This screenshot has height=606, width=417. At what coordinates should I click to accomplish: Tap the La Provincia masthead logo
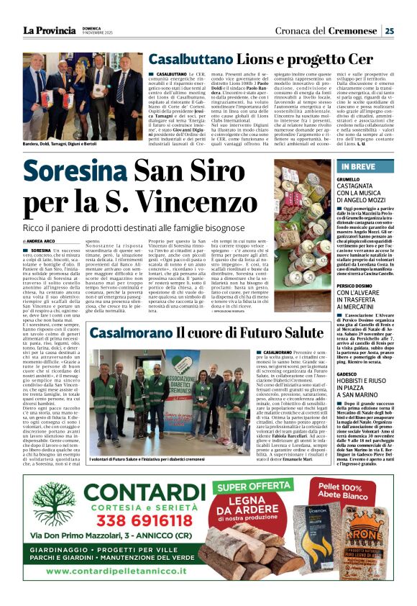50,30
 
